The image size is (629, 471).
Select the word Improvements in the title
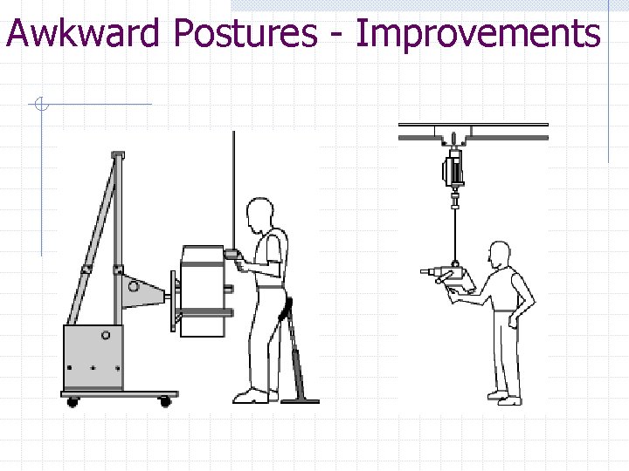point(479,34)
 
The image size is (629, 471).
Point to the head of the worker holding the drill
point(499,256)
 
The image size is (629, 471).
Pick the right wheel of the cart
point(164,401)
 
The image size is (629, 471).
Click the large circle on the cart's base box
point(106,334)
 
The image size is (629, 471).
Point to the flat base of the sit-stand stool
point(300,401)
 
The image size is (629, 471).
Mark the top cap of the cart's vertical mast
point(117,155)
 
